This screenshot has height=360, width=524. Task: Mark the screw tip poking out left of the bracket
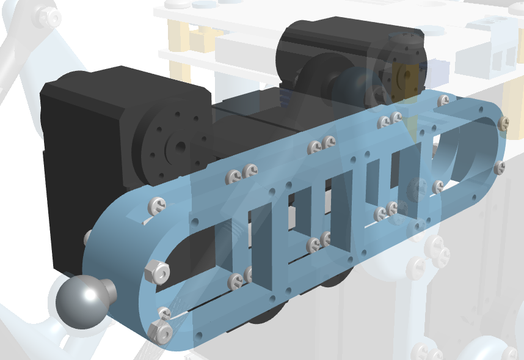coord(87,235)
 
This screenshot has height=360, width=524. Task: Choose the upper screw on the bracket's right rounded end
coord(503,123)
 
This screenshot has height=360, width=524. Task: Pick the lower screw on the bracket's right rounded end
coord(500,167)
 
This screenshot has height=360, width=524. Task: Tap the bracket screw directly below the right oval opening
coord(438,186)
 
